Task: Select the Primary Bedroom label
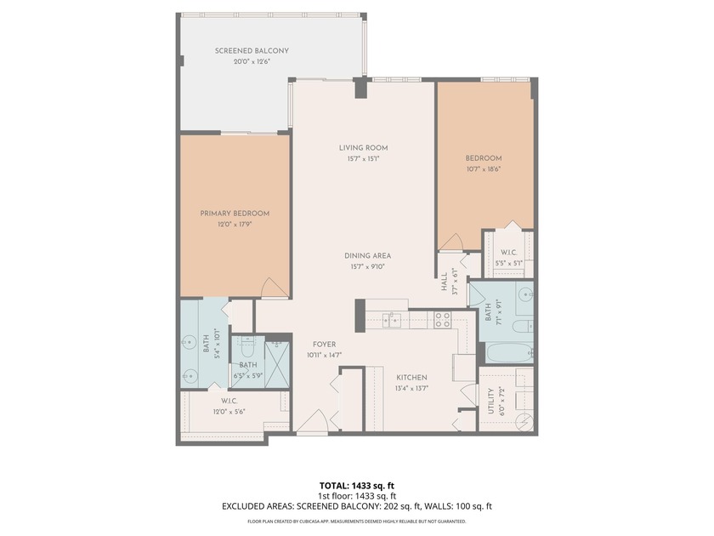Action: (x=235, y=214)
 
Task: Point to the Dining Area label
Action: (x=368, y=255)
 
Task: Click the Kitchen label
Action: (x=411, y=377)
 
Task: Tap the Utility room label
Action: (x=490, y=399)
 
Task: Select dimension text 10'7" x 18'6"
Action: (x=483, y=168)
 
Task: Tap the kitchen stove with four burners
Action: (x=443, y=320)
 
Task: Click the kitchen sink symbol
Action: (x=392, y=320)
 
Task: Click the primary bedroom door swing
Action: (x=273, y=288)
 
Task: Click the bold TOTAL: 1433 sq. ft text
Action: (x=357, y=486)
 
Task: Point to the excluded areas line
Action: (x=357, y=506)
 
